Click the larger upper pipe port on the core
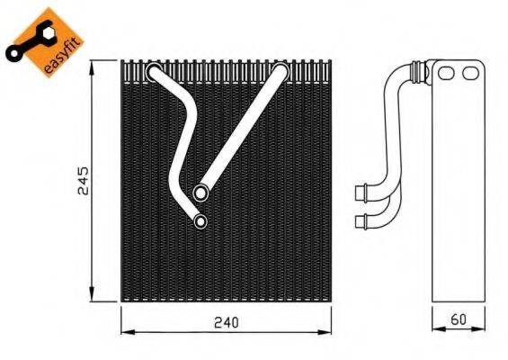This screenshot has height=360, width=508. point(200,191)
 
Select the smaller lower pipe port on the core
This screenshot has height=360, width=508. point(200,220)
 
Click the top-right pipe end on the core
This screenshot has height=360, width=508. point(281,70)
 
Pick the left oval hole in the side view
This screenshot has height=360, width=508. point(447,73)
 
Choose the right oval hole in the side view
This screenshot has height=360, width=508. point(470,73)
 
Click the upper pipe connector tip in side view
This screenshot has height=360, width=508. point(361,191)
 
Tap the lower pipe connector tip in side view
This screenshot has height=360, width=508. point(361,220)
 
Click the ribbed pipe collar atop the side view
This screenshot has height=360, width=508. point(417,68)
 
